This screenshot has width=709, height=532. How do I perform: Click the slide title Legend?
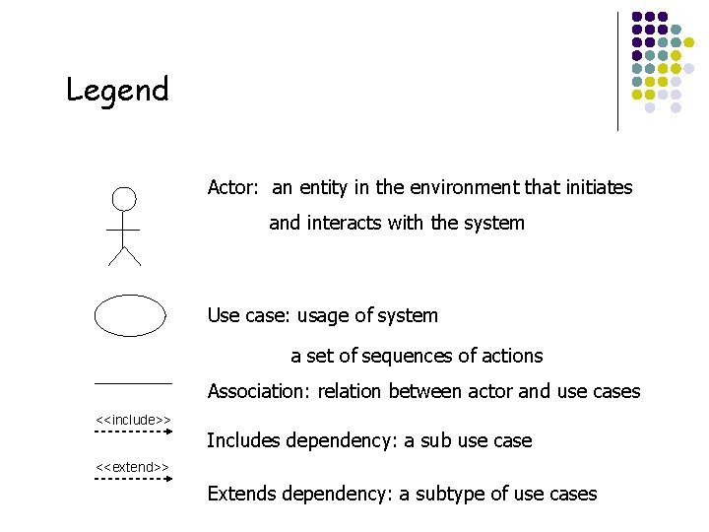click(x=117, y=91)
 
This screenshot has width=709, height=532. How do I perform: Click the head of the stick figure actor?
click(x=123, y=199)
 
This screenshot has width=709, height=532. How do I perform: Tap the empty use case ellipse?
click(x=130, y=315)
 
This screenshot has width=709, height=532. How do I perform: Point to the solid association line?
click(x=133, y=382)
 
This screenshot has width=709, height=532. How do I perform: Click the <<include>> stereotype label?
click(x=133, y=421)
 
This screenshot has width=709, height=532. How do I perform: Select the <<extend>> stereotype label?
click(x=133, y=466)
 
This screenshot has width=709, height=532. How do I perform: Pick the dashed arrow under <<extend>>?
click(x=133, y=478)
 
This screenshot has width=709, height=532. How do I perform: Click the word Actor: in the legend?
click(x=233, y=187)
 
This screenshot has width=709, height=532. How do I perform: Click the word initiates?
click(x=594, y=187)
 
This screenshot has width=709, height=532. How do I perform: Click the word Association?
click(x=256, y=392)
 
